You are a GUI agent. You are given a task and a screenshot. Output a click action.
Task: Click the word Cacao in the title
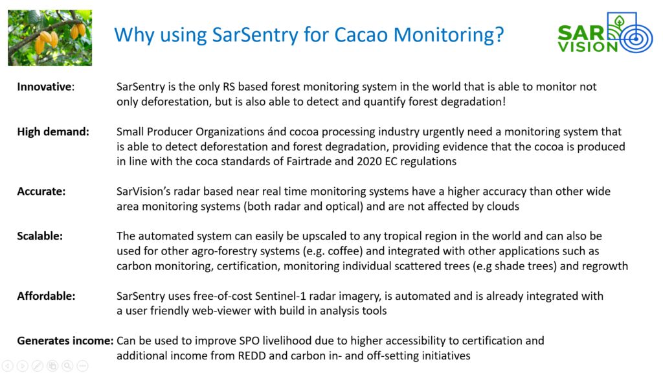coord(361,35)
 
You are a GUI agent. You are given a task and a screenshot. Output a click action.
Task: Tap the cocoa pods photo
coord(50,38)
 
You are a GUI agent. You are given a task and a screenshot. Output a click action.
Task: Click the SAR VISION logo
coord(605,33)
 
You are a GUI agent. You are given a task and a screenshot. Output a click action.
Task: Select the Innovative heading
coord(46,87)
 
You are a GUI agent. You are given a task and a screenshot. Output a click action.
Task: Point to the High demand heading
coord(53,132)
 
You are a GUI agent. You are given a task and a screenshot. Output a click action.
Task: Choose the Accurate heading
coord(41,192)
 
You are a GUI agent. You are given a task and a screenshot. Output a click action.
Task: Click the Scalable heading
coord(39,236)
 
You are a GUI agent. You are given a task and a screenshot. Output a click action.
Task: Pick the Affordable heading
coord(46,296)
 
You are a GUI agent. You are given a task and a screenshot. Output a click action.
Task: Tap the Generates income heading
coord(65,341)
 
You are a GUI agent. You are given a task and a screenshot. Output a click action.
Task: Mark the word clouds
coord(502,207)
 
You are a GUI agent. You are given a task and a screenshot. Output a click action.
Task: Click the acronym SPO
coord(249,341)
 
